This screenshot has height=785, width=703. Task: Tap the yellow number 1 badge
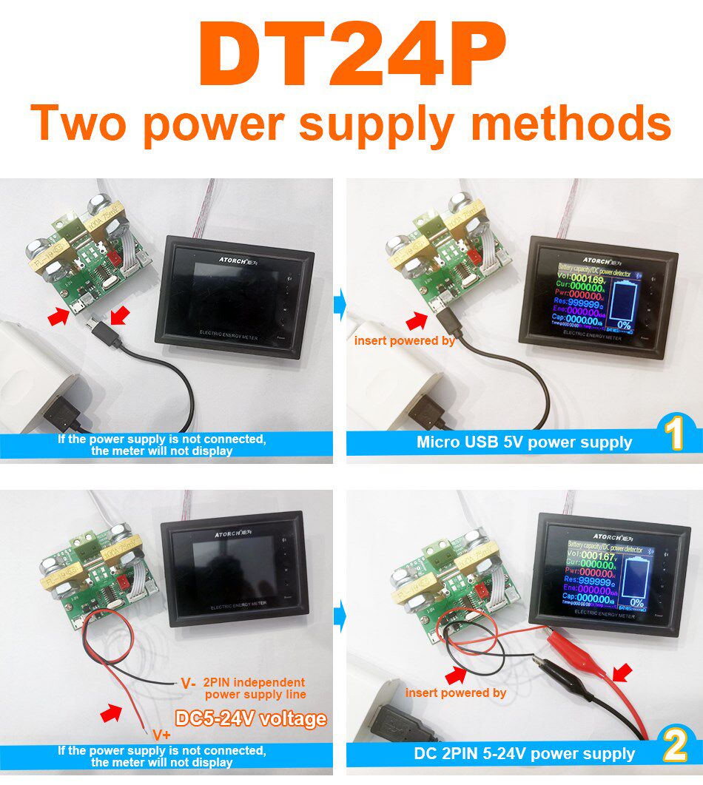674,435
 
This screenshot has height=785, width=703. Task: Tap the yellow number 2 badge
676,746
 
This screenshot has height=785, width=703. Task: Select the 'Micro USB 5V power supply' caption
524,442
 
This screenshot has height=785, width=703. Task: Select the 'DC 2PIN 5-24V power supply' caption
524,754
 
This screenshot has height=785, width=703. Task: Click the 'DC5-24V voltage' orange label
250,718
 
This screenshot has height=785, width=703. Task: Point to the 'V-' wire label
188,684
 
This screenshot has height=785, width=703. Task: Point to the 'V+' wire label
162,735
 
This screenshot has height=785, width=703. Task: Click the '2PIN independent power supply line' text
255,688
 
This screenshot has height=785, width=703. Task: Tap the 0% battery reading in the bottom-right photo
636,602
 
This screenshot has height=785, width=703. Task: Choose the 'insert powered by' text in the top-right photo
404,340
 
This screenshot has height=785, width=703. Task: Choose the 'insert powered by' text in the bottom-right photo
455,693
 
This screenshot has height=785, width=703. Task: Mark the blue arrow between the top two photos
340,304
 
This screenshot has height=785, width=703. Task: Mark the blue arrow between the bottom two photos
340,616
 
